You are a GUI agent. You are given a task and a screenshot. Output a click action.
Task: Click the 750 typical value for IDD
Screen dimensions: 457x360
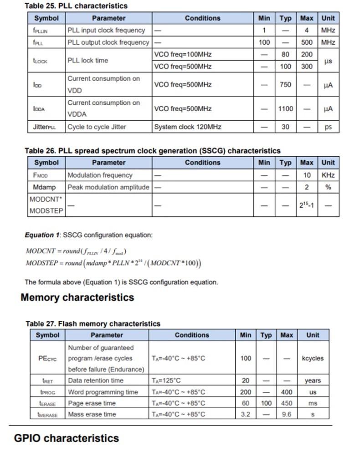click(x=285, y=85)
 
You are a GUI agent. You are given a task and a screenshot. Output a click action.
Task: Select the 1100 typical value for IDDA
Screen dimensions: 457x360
click(x=285, y=109)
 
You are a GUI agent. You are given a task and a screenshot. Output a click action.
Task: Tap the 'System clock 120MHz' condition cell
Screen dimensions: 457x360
click(x=187, y=127)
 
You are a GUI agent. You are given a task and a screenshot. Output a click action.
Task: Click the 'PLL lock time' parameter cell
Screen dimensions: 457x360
click(x=88, y=61)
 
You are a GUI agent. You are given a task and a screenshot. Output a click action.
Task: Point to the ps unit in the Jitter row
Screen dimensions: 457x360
click(x=328, y=127)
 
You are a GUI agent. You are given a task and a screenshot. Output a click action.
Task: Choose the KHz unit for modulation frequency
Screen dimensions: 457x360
click(x=328, y=175)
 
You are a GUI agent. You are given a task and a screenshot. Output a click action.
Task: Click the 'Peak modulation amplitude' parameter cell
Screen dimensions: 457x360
click(x=108, y=187)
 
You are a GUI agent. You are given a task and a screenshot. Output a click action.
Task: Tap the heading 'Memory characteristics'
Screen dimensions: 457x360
click(x=77, y=298)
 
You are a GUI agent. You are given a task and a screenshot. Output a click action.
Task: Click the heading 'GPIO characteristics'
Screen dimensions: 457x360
click(x=67, y=438)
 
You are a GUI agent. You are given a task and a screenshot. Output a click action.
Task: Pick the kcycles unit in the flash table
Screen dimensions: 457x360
click(x=313, y=358)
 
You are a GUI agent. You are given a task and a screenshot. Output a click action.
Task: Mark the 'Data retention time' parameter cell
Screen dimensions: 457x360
click(x=95, y=380)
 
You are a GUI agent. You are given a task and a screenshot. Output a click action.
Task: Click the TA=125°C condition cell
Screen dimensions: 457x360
click(x=166, y=380)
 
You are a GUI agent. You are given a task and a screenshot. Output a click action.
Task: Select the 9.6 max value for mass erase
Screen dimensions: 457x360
click(x=287, y=414)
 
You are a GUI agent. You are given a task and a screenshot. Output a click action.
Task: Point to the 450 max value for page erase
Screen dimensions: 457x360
click(x=287, y=403)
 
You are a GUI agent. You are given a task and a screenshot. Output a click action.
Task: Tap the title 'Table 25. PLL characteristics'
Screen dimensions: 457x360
click(x=76, y=6)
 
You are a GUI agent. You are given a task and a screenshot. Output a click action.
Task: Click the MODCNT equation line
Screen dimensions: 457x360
click(x=76, y=251)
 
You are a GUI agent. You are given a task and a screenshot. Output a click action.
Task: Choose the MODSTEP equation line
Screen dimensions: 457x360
click(x=113, y=263)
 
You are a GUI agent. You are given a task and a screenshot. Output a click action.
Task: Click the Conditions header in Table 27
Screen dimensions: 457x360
click(x=192, y=335)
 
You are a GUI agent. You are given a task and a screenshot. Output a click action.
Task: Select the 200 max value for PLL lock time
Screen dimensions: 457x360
click(x=307, y=55)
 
